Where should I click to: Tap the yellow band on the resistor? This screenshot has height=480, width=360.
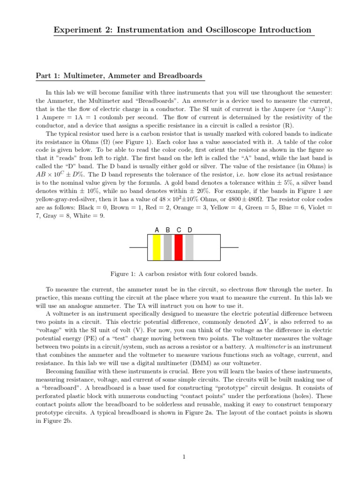(x=157, y=247)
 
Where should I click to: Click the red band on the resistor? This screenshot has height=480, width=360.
(x=179, y=247)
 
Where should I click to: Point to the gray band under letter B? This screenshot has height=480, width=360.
(x=168, y=247)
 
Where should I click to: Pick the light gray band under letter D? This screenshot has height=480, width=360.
(x=189, y=247)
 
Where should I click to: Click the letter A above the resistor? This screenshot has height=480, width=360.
(x=157, y=230)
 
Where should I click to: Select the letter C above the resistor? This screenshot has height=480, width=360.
(x=179, y=230)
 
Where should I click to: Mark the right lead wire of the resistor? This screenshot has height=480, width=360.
(x=229, y=247)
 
